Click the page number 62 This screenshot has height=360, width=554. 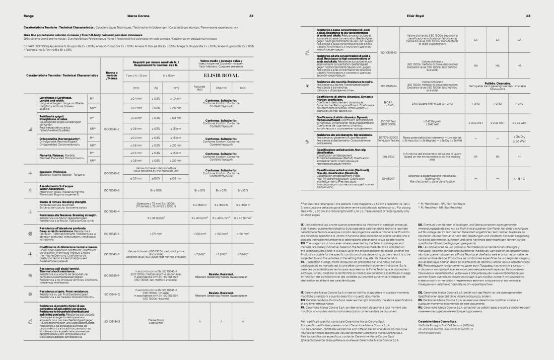point(251,16)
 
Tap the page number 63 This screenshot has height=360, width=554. point(528,16)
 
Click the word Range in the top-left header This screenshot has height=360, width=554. point(28,16)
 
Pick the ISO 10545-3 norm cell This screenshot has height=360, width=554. point(112,190)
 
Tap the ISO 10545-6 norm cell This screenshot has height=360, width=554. point(112,234)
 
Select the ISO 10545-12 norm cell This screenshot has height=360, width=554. point(112,295)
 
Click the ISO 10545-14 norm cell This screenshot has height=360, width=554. point(388,86)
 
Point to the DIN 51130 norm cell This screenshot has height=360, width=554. point(388,157)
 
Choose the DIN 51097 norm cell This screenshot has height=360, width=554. point(388,178)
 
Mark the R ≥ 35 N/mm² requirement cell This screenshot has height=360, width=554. point(156,218)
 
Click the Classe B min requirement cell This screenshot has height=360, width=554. point(156,321)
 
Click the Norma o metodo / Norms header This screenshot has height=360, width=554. point(112,76)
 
